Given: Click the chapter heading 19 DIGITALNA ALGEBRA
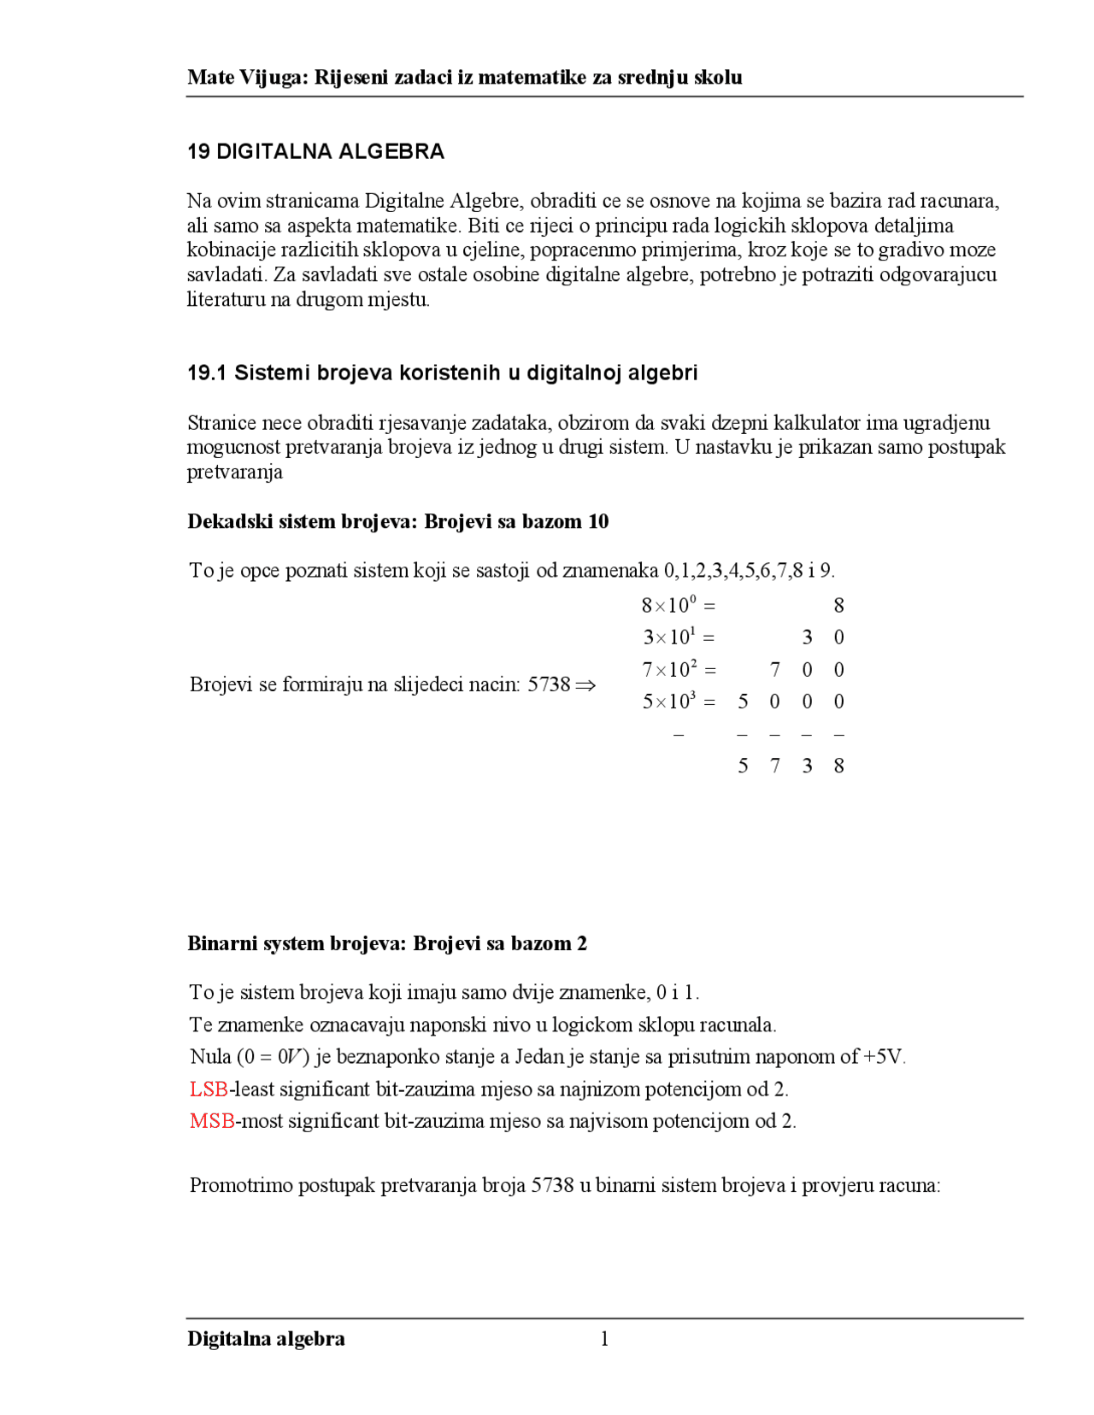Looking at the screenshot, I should click(x=315, y=151).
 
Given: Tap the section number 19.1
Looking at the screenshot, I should click(x=206, y=373).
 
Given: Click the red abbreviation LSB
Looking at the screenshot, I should click(x=209, y=1089).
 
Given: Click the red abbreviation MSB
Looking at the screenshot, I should click(x=211, y=1120).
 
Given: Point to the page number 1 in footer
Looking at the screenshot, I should click(x=604, y=1338).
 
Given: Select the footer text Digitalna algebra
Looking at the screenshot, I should click(x=266, y=1338).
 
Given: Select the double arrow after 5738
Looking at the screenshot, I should click(x=585, y=684).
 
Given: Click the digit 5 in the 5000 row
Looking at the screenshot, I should click(x=743, y=702).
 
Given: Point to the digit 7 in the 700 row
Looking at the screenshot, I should click(x=774, y=669).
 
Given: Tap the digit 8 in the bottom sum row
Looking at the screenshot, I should click(x=838, y=766).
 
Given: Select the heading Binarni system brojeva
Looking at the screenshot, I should click(x=297, y=943).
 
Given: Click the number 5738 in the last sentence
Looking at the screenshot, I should click(x=552, y=1185).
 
